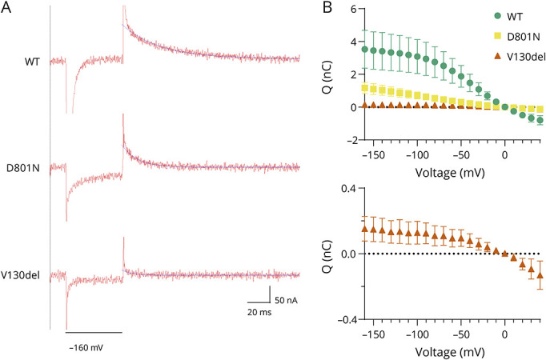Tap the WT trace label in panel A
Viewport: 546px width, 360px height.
33,59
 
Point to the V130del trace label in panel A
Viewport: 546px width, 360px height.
22,275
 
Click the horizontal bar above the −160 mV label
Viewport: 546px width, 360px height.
94,332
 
